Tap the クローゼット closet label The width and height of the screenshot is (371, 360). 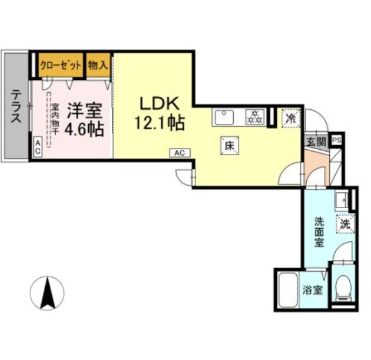point(61,65)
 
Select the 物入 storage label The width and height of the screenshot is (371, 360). point(98,65)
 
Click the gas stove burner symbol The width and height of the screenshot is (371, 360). point(254,117)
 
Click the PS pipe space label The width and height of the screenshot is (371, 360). point(337,141)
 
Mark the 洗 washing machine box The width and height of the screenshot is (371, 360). point(344,224)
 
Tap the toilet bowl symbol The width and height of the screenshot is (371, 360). point(343,287)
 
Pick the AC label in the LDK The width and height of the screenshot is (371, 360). point(180,152)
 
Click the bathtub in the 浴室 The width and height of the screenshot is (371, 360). point(286,290)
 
